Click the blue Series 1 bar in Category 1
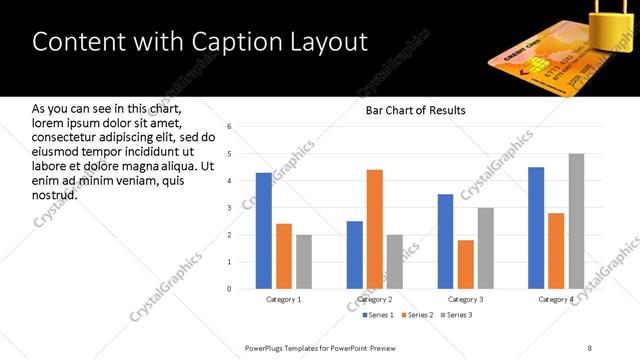pyautogui.click(x=264, y=231)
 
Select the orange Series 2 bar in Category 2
pyautogui.click(x=375, y=229)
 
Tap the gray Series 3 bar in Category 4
pyautogui.click(x=576, y=221)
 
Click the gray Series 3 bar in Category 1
pyautogui.click(x=304, y=262)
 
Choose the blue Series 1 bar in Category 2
pyautogui.click(x=355, y=255)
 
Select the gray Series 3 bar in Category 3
pyautogui.click(x=485, y=248)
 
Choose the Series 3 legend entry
pyautogui.click(x=455, y=315)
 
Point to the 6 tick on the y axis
pyautogui.click(x=230, y=127)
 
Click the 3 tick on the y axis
pyautogui.click(x=230, y=208)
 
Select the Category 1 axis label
pyautogui.click(x=284, y=299)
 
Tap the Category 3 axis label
pyautogui.click(x=465, y=299)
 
